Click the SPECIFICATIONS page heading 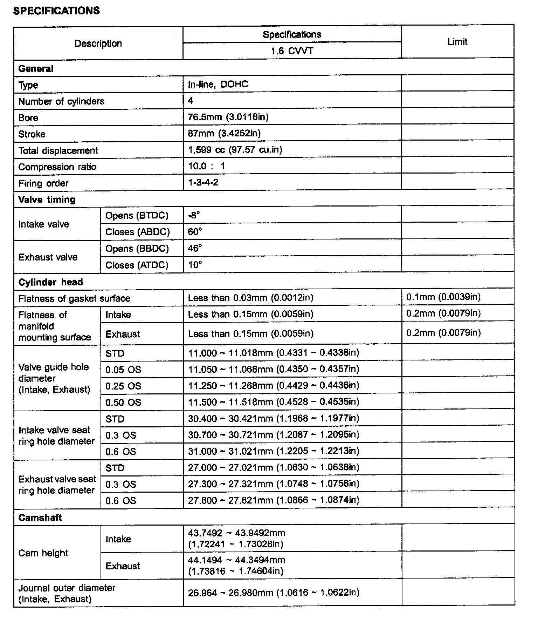coord(56,11)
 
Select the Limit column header coord(457,42)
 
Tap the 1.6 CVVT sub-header coord(292,51)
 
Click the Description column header coord(98,43)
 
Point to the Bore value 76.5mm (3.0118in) coord(228,117)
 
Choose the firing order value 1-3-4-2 coord(203,182)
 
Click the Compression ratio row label coord(57,167)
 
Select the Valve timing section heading coord(47,200)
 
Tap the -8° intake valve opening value coord(194,215)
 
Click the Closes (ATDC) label coord(137,265)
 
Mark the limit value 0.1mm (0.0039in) coord(443,297)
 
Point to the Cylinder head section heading coord(50,282)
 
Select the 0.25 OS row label coord(123,386)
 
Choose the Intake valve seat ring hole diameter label coord(56,435)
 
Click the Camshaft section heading coord(40,518)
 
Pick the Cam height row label coord(43,553)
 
